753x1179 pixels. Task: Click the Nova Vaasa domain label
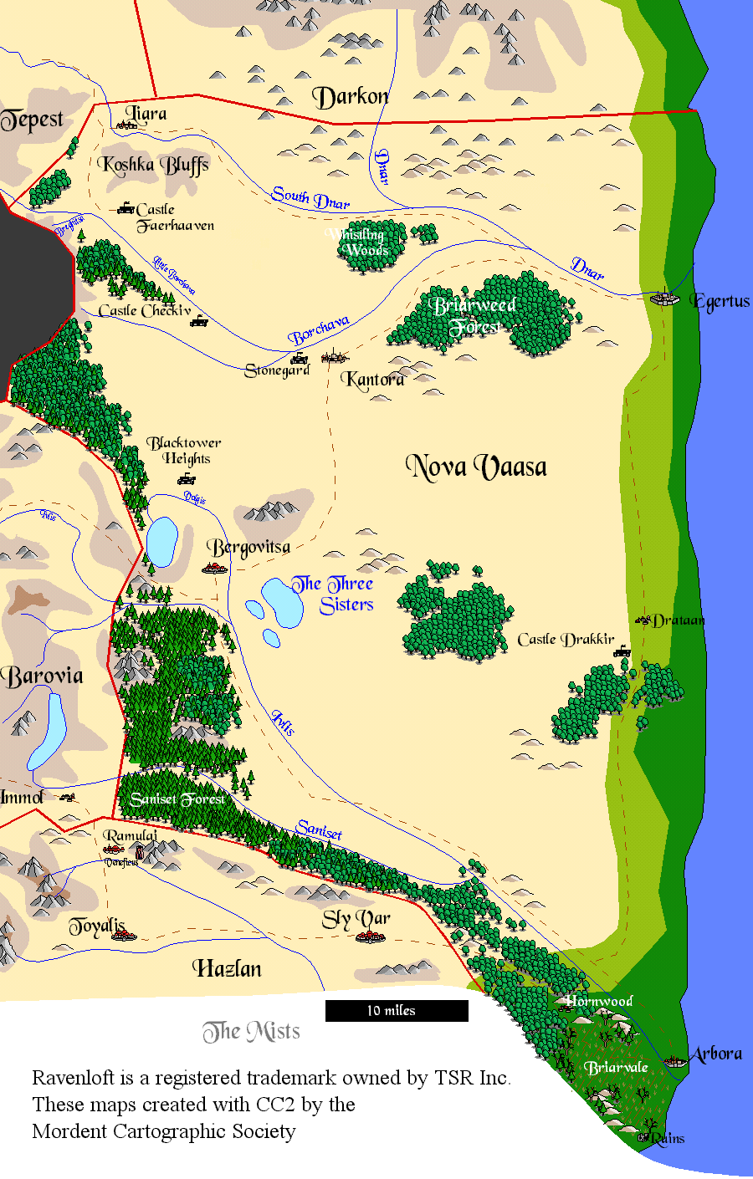(x=476, y=467)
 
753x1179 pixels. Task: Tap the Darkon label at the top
(x=351, y=98)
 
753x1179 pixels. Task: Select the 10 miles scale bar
(x=397, y=1011)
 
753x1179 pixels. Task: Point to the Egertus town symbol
(x=664, y=298)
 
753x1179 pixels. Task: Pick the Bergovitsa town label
(x=250, y=548)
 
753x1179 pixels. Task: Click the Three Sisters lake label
(x=333, y=595)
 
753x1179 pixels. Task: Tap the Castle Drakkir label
(x=566, y=640)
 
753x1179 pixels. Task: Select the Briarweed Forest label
(x=475, y=316)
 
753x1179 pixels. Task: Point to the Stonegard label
(x=277, y=370)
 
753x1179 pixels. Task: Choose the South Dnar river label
(x=310, y=198)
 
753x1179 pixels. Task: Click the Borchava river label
(x=319, y=331)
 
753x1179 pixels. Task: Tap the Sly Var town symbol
(x=370, y=937)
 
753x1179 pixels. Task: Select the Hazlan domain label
(x=228, y=969)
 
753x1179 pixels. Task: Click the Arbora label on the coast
(x=716, y=1054)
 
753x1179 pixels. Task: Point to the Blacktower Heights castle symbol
(x=187, y=479)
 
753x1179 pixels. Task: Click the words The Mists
(x=251, y=1032)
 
